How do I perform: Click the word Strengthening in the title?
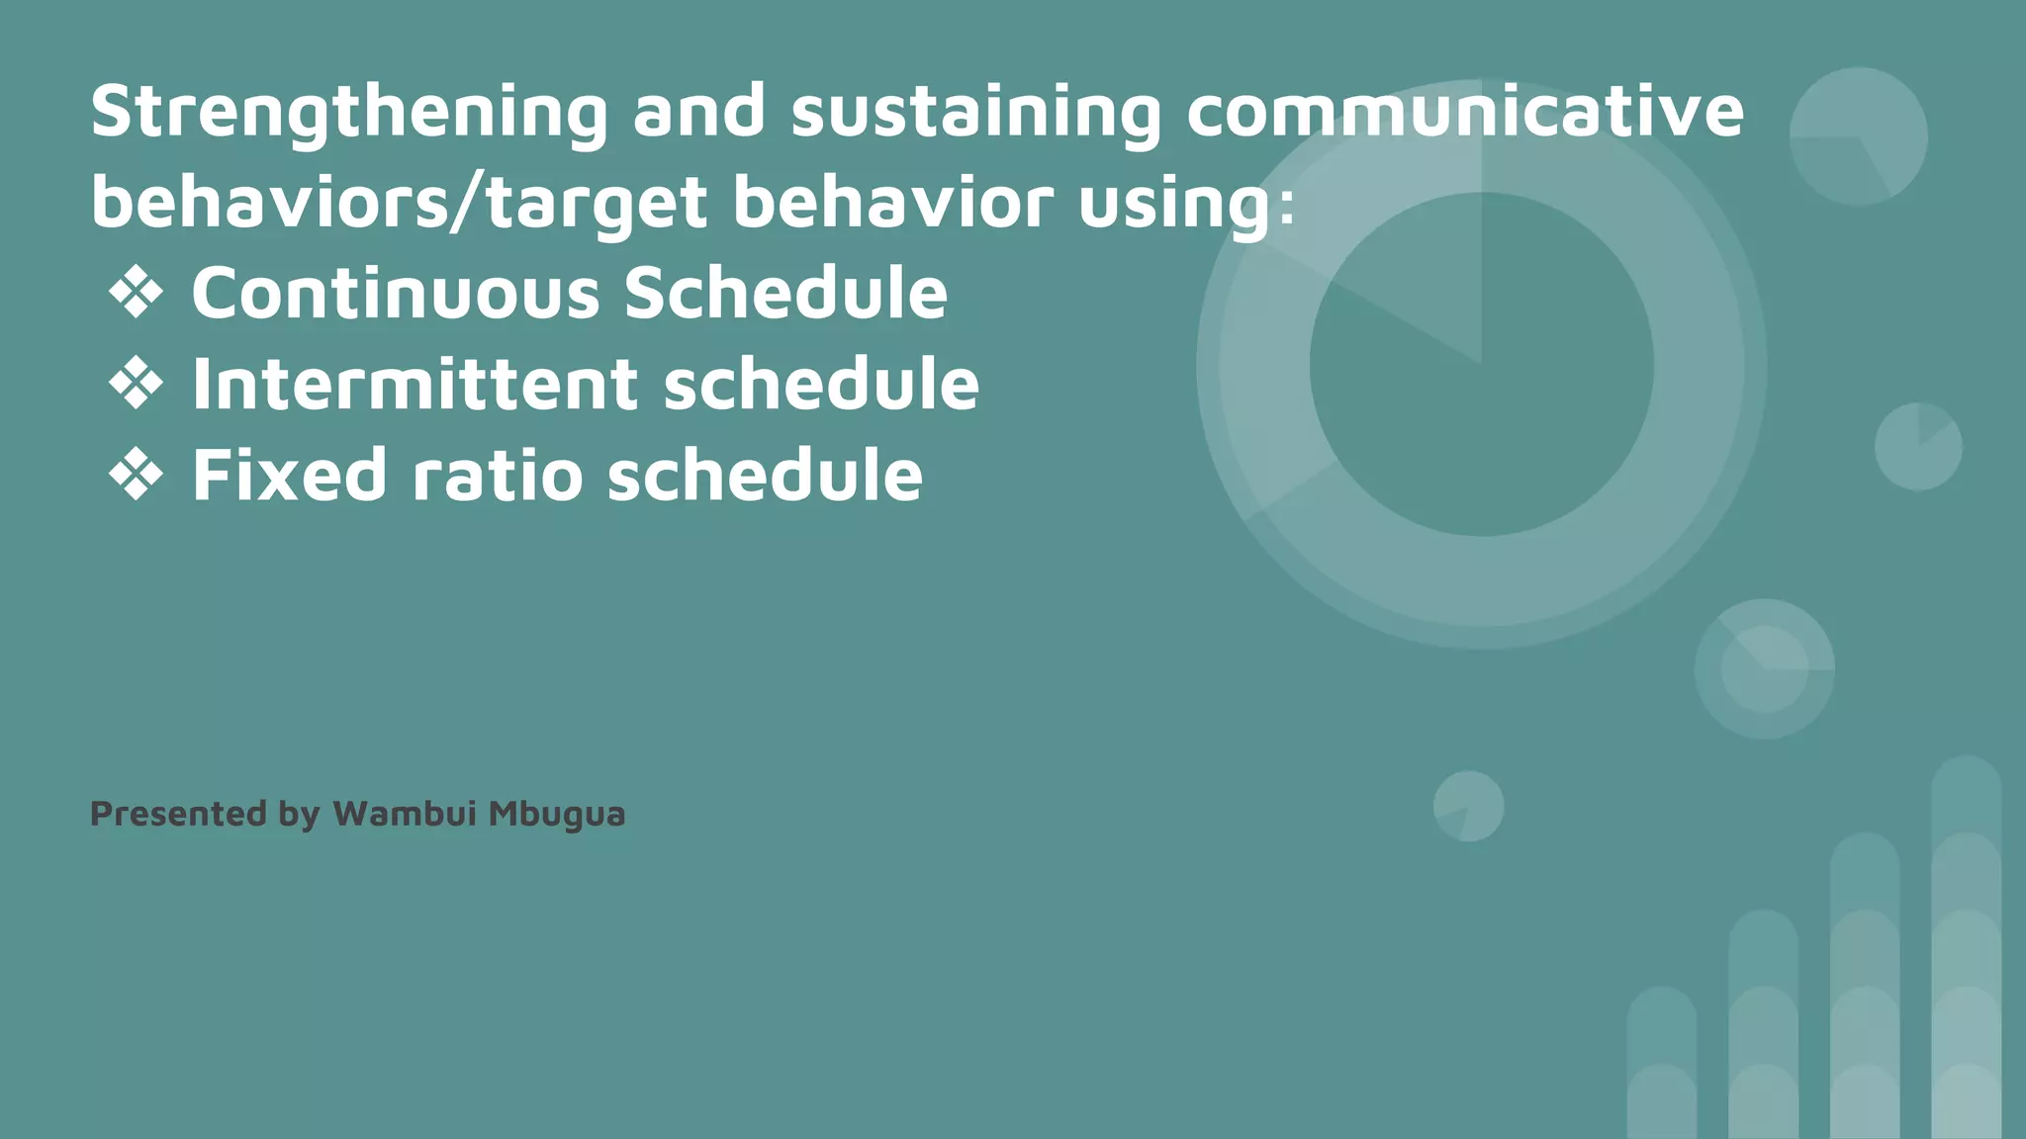(x=348, y=113)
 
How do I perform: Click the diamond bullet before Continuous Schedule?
(x=136, y=294)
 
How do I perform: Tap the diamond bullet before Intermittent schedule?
(x=136, y=385)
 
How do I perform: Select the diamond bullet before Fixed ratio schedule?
(x=136, y=476)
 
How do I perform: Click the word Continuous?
(x=395, y=294)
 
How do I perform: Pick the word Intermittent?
(x=414, y=385)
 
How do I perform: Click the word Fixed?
(x=288, y=476)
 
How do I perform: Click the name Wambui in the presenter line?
(x=405, y=814)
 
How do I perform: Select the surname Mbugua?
(x=557, y=815)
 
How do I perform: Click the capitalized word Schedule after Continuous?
(x=785, y=294)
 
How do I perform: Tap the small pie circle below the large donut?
(x=1468, y=807)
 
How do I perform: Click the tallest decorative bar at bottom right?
(x=1966, y=949)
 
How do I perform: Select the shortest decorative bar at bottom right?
(x=1662, y=1064)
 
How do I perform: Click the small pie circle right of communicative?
(x=1858, y=136)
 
